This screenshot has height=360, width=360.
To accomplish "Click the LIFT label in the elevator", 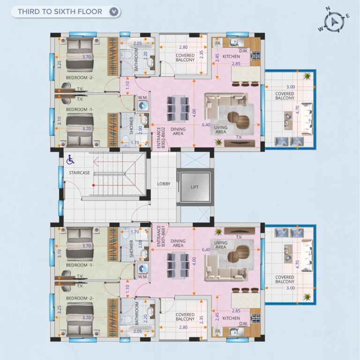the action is click(x=195, y=187).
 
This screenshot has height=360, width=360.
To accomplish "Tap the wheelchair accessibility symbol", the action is click(x=70, y=160).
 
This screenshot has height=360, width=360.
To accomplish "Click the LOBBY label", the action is click(x=164, y=184).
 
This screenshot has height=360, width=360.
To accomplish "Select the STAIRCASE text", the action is click(x=79, y=173).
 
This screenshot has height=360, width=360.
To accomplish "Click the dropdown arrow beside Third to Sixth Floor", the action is click(x=114, y=12).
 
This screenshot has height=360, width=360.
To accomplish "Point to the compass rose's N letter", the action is click(x=328, y=9).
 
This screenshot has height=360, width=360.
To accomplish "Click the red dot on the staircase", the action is click(x=94, y=185).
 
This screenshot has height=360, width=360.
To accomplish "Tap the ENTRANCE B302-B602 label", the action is click(x=161, y=138).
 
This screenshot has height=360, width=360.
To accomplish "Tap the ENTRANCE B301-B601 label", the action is click(x=161, y=236).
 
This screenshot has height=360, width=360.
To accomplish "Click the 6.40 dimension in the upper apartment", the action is click(x=206, y=125).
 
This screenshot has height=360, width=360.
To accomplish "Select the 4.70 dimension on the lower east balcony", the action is click(x=297, y=264).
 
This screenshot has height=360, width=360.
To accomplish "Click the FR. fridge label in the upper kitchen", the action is click(x=218, y=43).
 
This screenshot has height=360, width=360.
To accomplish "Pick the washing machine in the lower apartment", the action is click(x=143, y=268).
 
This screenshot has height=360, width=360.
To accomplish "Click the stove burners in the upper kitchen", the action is click(x=255, y=56).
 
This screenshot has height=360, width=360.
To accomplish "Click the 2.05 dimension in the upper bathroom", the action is click(x=137, y=43).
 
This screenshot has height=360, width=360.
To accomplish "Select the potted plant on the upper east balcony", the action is click(x=307, y=76).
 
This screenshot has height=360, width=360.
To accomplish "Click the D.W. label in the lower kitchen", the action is click(x=243, y=323).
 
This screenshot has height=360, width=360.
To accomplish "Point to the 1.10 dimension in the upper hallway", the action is click(x=127, y=85).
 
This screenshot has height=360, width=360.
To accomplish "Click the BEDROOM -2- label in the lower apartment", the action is click(x=80, y=298).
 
